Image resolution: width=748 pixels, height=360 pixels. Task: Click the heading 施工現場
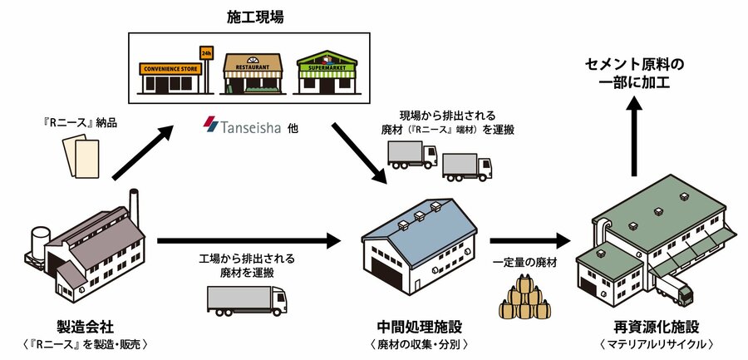click(x=255, y=17)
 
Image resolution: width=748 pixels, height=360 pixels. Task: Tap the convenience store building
click(x=170, y=77)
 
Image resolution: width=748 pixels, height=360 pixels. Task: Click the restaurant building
click(x=253, y=73)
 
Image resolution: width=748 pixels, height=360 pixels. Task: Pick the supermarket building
click(x=327, y=72)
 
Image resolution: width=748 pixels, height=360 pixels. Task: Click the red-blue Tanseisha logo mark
click(x=211, y=125)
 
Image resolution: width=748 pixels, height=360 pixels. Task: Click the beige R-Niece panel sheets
click(x=81, y=155)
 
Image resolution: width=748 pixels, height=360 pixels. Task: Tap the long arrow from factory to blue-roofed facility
click(x=249, y=240)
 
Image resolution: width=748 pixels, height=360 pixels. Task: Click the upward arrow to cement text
click(x=634, y=136)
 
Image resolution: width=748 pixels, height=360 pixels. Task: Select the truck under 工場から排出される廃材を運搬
click(x=247, y=301)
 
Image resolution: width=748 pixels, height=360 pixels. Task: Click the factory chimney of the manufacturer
click(x=134, y=208)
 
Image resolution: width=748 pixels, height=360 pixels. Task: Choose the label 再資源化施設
click(x=657, y=327)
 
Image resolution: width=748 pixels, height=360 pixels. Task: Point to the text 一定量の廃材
click(x=525, y=262)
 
